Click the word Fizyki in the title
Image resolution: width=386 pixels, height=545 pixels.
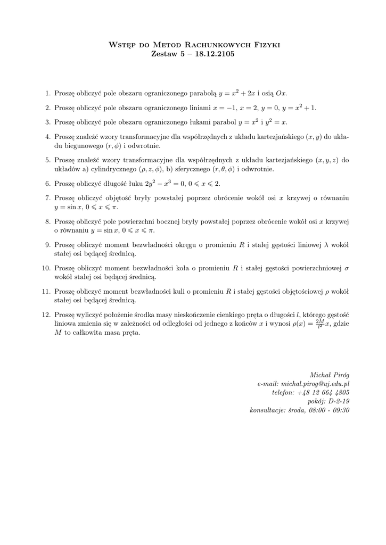264,45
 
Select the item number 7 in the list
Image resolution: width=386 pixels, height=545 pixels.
47,199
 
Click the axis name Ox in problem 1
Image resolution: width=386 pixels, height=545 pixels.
281,93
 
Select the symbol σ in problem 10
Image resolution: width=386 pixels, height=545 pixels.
347,268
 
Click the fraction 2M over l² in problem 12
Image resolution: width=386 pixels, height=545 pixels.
319,323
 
